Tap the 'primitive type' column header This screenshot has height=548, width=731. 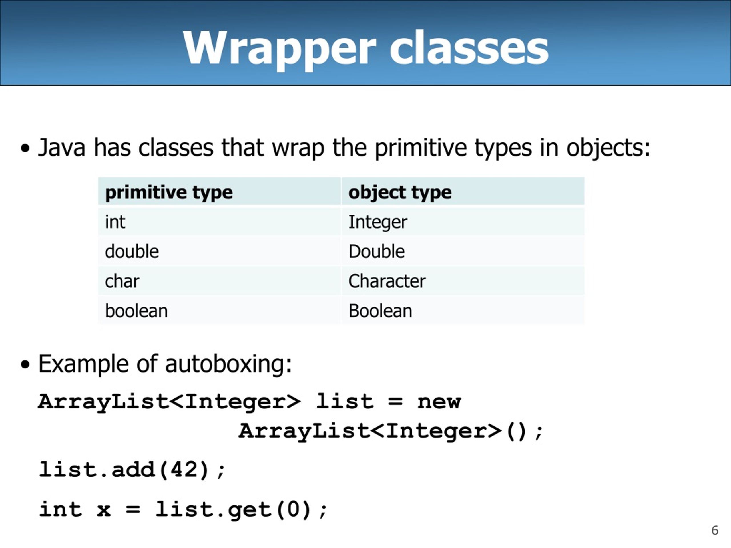click(x=168, y=192)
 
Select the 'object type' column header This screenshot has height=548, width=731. click(x=400, y=192)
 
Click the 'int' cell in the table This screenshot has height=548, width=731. click(x=115, y=222)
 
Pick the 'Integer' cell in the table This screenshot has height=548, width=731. click(x=378, y=222)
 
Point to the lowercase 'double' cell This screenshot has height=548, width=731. click(x=132, y=251)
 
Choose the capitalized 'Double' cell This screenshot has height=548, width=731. click(x=376, y=251)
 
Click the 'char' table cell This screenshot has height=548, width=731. click(x=122, y=281)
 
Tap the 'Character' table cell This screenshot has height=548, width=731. click(x=387, y=281)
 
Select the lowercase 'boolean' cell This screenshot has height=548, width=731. click(x=136, y=311)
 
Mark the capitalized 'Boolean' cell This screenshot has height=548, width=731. click(x=380, y=311)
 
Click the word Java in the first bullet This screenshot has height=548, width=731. click(x=61, y=147)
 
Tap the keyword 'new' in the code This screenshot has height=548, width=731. click(x=439, y=402)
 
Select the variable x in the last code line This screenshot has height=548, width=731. click(x=103, y=510)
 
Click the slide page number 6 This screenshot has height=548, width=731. click(x=715, y=530)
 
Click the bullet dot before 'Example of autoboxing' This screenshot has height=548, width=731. click(x=25, y=365)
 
